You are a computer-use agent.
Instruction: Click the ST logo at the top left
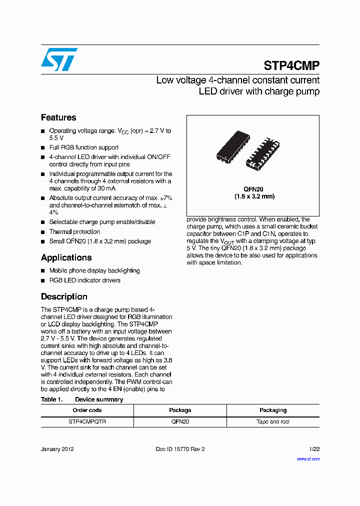(x=59, y=59)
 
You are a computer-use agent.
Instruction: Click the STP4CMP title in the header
(x=291, y=66)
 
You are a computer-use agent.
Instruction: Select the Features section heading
(x=58, y=118)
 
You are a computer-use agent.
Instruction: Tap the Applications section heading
(x=66, y=258)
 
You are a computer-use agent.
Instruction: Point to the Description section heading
(x=64, y=297)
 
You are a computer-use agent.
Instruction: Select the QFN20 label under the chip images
(x=253, y=189)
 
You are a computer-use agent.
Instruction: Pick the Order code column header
(x=87, y=410)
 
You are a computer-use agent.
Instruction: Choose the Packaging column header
(x=273, y=410)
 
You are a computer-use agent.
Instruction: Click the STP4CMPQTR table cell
(x=87, y=422)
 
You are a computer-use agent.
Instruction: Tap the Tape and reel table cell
(x=273, y=422)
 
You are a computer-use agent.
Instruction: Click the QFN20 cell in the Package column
(x=180, y=422)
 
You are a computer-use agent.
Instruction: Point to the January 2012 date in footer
(x=57, y=449)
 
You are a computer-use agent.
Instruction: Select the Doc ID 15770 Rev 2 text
(x=180, y=449)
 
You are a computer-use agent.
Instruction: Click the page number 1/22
(x=314, y=449)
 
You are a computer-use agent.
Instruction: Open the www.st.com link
(x=308, y=458)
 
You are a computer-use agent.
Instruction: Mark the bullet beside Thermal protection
(x=43, y=232)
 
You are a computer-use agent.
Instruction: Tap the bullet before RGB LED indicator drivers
(x=43, y=280)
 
